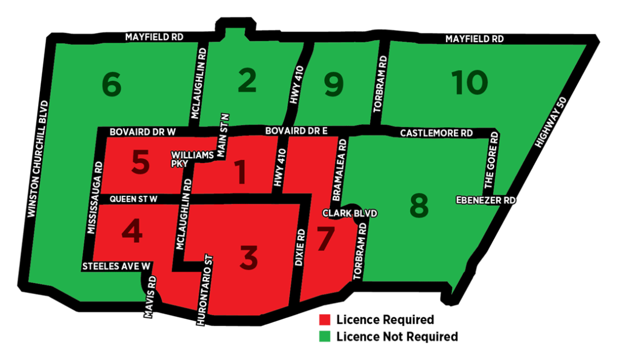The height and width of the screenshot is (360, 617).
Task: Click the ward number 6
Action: pyautogui.click(x=111, y=86)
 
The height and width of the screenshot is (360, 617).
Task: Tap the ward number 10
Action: pyautogui.click(x=469, y=83)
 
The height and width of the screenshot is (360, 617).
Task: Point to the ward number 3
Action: pyautogui.click(x=248, y=257)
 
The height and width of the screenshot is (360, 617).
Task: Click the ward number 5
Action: pyautogui.click(x=140, y=163)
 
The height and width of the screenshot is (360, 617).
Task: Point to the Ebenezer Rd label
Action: pyautogui.click(x=485, y=200)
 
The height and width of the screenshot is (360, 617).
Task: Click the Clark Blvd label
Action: pyautogui.click(x=350, y=213)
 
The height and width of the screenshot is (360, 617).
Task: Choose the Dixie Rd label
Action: pyautogui.click(x=299, y=247)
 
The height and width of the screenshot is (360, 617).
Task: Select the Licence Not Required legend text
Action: pyautogui.click(x=396, y=336)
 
